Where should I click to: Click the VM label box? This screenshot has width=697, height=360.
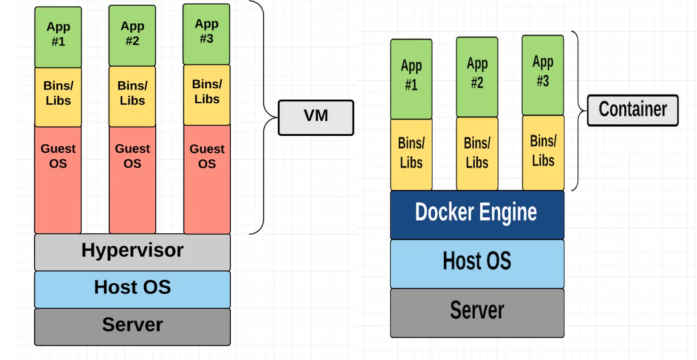click(316, 117)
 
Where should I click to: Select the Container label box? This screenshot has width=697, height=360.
click(633, 110)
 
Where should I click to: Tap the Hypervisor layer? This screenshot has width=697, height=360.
click(132, 252)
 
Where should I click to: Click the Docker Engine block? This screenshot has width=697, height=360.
click(477, 215)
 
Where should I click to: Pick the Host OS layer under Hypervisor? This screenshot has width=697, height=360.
click(132, 289)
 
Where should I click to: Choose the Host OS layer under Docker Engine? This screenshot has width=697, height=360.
click(477, 263)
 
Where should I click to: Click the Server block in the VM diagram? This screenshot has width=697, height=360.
click(132, 326)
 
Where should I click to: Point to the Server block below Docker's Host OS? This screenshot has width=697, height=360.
click(477, 312)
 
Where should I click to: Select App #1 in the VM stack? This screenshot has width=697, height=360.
click(58, 37)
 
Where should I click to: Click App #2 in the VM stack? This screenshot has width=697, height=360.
click(132, 36)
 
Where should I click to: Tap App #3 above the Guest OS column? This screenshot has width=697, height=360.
click(206, 34)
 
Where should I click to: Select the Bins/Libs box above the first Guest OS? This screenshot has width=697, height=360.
click(58, 97)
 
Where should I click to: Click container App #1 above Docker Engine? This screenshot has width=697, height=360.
click(411, 79)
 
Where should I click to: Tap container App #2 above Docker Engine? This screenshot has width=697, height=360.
click(477, 77)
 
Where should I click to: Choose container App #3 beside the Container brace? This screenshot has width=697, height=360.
click(543, 75)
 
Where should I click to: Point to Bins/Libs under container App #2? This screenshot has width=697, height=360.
click(477, 153)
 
